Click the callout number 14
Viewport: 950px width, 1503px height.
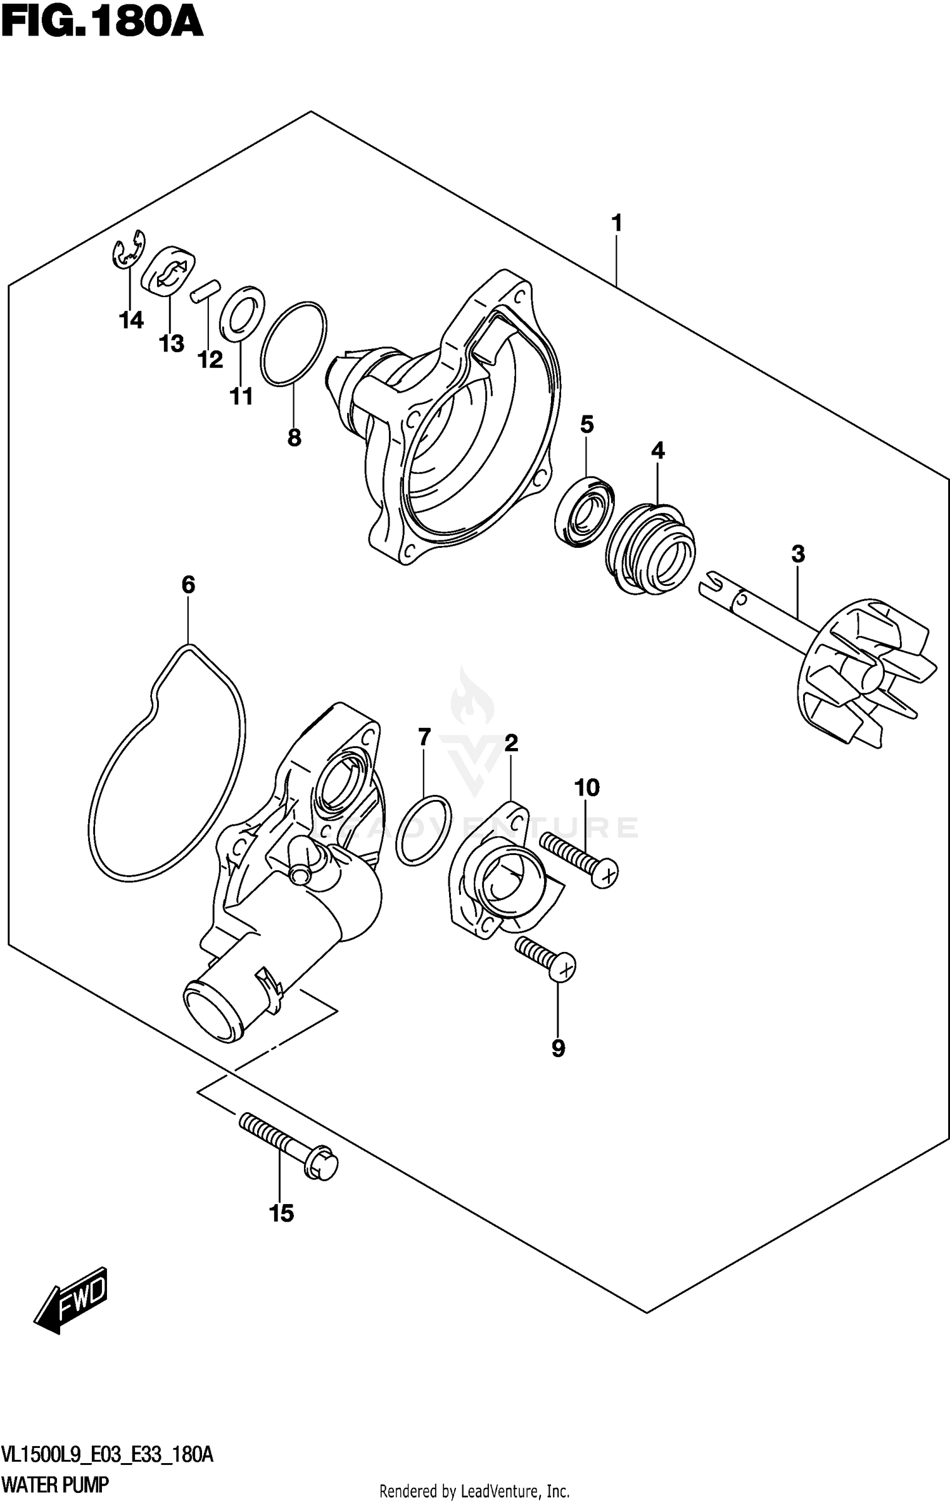pos(131,320)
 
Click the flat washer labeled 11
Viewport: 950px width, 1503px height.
pos(242,313)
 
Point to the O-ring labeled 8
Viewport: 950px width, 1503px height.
pos(294,343)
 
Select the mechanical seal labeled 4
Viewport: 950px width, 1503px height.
pos(650,549)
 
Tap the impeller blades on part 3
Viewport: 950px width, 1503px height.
pos(868,677)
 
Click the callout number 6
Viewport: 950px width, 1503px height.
pos(188,585)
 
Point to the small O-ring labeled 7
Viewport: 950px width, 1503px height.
pos(424,830)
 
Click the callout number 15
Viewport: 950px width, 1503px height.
pos(281,1213)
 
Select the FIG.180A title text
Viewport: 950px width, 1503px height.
pos(101,24)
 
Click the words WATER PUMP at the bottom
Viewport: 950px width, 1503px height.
pos(55,1484)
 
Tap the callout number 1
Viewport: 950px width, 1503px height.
pos(616,223)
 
